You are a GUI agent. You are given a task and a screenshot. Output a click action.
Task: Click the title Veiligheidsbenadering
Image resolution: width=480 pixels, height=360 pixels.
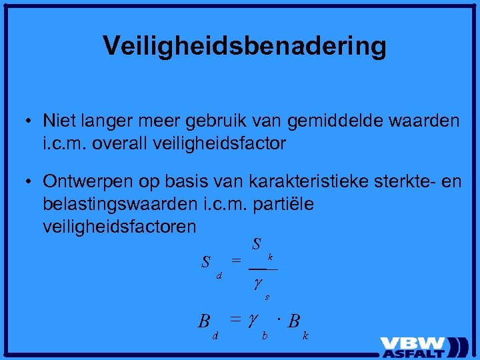[245, 46]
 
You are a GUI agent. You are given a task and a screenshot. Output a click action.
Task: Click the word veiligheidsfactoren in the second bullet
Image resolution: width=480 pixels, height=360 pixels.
[119, 227]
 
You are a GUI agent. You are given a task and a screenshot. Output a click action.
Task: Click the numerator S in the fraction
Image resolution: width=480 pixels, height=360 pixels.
[256, 245]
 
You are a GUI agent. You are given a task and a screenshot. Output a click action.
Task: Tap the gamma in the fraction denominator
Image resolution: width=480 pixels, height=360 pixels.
[257, 283]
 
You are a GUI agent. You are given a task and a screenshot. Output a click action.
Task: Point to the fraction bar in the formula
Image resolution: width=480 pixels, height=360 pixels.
[263, 268]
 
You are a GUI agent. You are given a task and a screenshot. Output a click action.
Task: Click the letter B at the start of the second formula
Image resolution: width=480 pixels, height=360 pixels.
[204, 321]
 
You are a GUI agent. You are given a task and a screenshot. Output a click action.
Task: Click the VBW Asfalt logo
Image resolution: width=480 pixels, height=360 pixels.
[424, 346]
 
